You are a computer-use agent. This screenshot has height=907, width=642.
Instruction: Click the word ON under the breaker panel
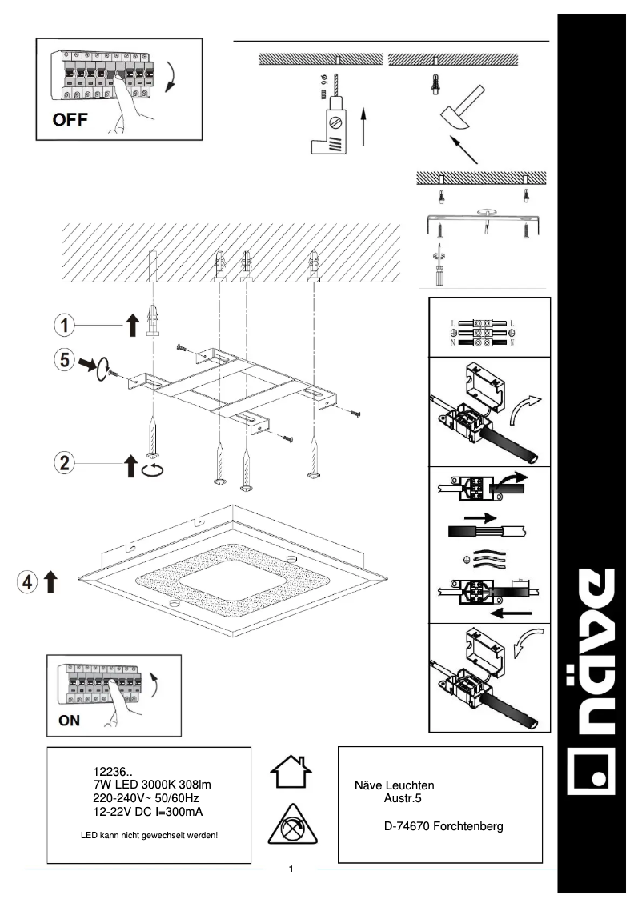(x=70, y=719)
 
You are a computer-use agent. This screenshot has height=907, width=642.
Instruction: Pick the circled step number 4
(x=26, y=581)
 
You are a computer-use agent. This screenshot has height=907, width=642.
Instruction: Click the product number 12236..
(x=112, y=772)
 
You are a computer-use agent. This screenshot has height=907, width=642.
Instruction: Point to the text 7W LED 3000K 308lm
(x=151, y=785)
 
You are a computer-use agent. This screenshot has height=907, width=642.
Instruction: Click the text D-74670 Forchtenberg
(x=444, y=826)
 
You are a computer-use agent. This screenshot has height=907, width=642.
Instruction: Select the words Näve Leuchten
(x=394, y=785)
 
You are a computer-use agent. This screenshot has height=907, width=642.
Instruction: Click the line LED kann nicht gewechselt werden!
(x=150, y=836)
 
